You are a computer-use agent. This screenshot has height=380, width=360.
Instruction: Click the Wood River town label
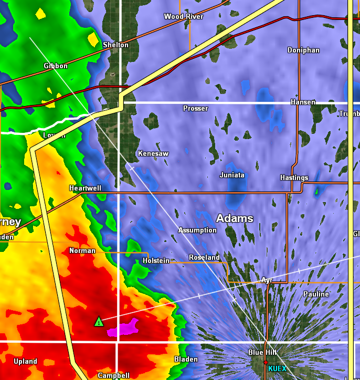[183, 17]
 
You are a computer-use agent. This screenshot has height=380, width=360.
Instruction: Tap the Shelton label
[115, 45]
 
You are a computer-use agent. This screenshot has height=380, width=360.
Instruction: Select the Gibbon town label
[56, 66]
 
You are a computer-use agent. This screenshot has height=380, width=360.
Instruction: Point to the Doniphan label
[303, 50]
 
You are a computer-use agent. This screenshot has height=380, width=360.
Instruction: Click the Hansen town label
[303, 102]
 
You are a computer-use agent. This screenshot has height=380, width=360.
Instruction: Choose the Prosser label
[195, 109]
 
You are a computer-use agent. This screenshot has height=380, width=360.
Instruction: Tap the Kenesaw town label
[153, 154]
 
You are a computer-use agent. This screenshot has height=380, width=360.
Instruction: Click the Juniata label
[232, 175]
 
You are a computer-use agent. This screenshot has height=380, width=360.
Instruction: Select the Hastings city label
[294, 178]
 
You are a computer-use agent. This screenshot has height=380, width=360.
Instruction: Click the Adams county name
[235, 218]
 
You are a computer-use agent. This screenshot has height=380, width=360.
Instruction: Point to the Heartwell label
[85, 188]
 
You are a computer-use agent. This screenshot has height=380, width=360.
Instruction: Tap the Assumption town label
[197, 230]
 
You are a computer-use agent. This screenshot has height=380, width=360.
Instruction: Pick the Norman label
[82, 251]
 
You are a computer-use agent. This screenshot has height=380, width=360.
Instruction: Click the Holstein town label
[156, 261]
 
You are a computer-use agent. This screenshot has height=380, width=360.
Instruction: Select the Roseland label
[204, 258]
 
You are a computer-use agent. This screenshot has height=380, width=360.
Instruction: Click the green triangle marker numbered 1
[99, 321]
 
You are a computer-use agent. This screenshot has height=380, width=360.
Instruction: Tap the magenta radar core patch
[127, 327]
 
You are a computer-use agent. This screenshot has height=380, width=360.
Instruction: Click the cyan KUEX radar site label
[277, 368]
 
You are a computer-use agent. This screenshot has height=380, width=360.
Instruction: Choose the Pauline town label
[316, 294]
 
